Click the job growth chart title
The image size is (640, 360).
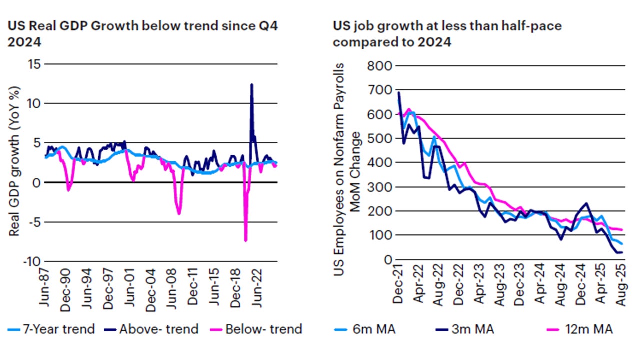click(x=447, y=34)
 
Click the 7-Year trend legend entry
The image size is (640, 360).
click(x=51, y=329)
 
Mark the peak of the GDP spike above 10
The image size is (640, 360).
click(x=252, y=84)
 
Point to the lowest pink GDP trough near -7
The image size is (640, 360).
click(x=246, y=240)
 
